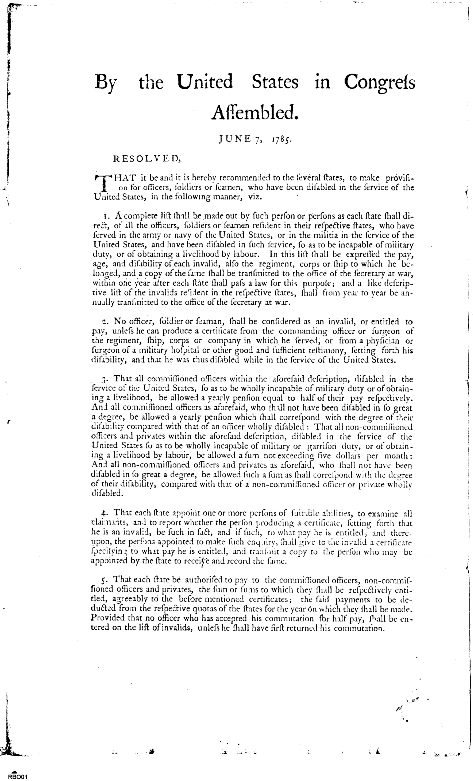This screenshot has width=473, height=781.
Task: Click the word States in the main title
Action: coord(275,82)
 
